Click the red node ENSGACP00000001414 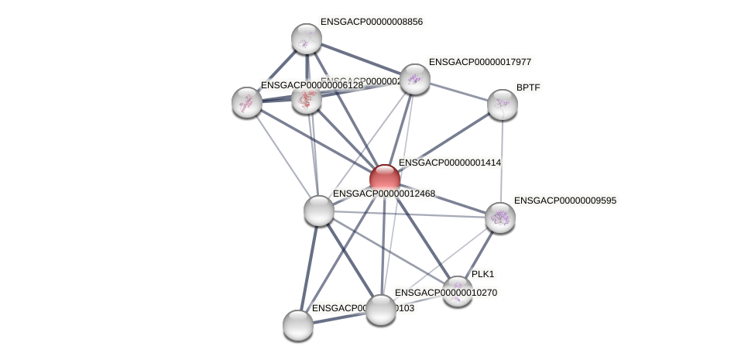[385, 178]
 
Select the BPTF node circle [503, 105]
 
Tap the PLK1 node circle [458, 291]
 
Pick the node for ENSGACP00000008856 [306, 39]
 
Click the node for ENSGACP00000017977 [415, 78]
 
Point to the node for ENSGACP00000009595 [500, 218]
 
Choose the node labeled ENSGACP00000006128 [247, 101]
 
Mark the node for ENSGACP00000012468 [318, 210]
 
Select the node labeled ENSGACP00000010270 [380, 310]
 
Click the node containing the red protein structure [307, 98]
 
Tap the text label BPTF [528, 87]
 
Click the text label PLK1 [483, 274]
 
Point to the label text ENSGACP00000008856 [371, 22]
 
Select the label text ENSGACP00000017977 [479, 61]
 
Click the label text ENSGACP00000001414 [449, 163]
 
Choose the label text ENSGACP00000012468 [384, 193]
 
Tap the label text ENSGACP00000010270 [447, 293]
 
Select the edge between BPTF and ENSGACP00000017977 [459, 91]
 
